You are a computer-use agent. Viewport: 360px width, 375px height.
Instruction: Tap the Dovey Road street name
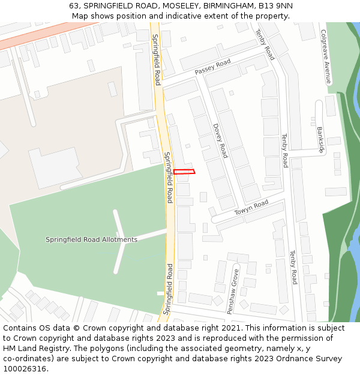[220, 140]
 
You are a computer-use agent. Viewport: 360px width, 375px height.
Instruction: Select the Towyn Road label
[251, 207]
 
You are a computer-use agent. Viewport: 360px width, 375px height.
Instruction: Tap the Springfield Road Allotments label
[91, 239]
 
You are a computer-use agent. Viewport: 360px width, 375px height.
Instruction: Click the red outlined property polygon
[184, 172]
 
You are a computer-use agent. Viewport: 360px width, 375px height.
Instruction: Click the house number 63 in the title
[74, 5]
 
